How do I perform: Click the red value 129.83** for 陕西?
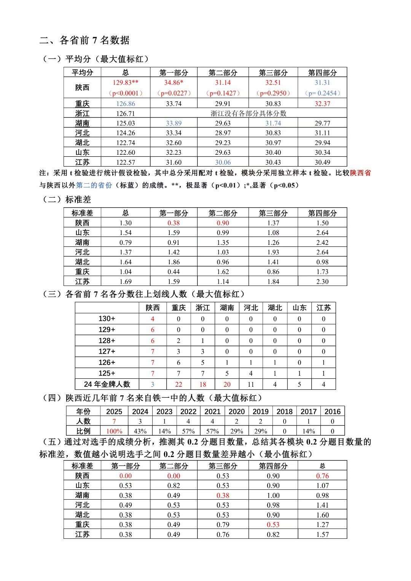pyautogui.click(x=126, y=83)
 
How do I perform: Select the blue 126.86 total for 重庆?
pyautogui.click(x=126, y=103)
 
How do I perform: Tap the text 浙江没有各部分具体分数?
pyautogui.click(x=249, y=113)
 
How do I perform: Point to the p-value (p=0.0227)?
pyautogui.click(x=174, y=93)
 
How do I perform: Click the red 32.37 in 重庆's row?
pyautogui.click(x=322, y=103)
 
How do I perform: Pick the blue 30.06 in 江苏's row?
pyautogui.click(x=223, y=162)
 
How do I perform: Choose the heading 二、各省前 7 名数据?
pyautogui.click(x=84, y=40)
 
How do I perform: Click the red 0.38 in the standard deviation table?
pyautogui.click(x=174, y=223)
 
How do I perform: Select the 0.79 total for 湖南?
pyautogui.click(x=126, y=242)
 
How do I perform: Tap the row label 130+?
pyautogui.click(x=107, y=319)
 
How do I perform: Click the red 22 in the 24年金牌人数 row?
pyautogui.click(x=178, y=384)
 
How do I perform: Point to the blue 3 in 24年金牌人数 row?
pyautogui.click(x=153, y=384)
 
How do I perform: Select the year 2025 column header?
pyautogui.click(x=114, y=411)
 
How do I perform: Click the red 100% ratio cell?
pyautogui.click(x=114, y=431)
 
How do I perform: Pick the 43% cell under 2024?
pyautogui.click(x=140, y=431)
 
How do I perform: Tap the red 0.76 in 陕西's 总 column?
pyautogui.click(x=322, y=476)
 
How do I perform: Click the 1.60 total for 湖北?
pyautogui.click(x=322, y=515)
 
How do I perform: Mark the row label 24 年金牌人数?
pyautogui.click(x=107, y=384)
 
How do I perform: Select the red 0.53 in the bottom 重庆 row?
pyautogui.click(x=273, y=525)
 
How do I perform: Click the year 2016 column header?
pyautogui.click(x=333, y=411)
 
